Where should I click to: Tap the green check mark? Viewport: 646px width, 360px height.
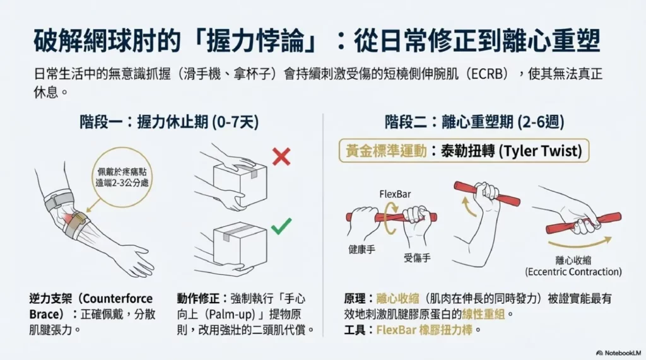pos(281,225)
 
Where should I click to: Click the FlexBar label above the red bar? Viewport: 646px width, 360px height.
pos(395,194)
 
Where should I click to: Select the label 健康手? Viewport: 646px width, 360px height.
pos(362,250)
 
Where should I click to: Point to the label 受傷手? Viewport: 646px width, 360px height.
pos(417,258)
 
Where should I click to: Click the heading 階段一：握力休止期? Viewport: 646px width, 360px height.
pos(169,122)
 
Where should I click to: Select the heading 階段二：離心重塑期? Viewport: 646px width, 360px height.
pos(474,122)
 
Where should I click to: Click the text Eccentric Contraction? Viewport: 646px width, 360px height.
pos(573,272)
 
